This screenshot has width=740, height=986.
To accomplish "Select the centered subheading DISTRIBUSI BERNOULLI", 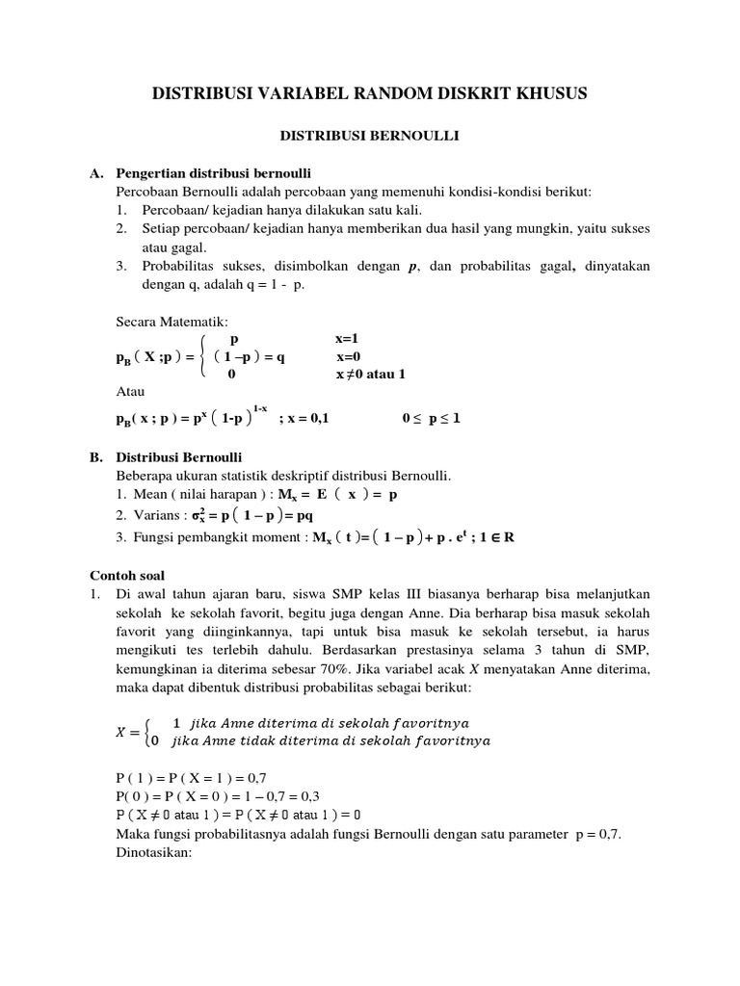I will [370, 138].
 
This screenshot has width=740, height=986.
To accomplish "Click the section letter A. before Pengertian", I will [96, 174].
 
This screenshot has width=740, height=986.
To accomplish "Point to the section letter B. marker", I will [96, 456].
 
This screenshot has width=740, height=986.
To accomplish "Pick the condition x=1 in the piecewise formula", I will [347, 339].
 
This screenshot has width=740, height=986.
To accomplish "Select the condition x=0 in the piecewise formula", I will [347, 356].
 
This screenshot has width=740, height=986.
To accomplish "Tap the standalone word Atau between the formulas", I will [129, 392].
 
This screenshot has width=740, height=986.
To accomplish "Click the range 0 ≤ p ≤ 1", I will [431, 419].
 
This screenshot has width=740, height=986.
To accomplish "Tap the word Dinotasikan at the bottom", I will [155, 852].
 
